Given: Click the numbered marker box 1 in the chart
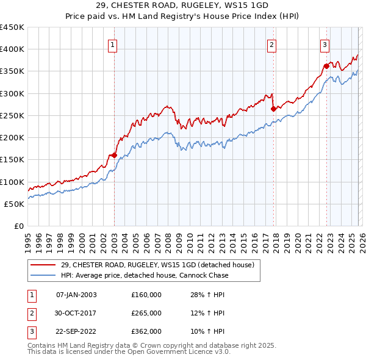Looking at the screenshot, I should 113,44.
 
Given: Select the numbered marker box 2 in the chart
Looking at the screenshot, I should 271,44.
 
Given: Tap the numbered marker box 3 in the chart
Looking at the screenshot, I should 325,44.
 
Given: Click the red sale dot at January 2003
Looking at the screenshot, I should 114,155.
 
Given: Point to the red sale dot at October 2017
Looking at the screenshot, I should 273,109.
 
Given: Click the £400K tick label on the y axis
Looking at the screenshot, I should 12,49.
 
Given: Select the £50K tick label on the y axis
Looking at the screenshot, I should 14,204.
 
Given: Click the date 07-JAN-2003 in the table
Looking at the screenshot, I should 76,295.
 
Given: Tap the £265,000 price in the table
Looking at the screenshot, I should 146,313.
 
